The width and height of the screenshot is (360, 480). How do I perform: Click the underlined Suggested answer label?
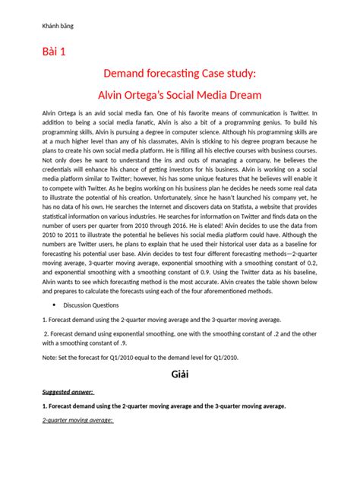click(68, 392)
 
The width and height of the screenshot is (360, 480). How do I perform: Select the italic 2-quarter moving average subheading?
click(77, 420)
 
